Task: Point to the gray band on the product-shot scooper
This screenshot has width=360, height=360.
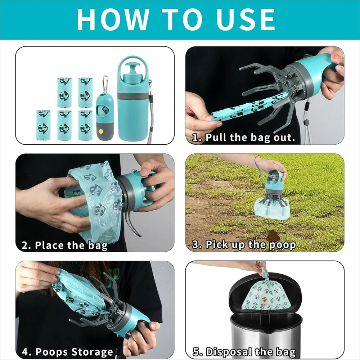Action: (133, 96)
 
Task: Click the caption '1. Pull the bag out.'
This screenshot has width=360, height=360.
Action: (243, 138)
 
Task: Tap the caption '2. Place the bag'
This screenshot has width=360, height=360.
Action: (65, 246)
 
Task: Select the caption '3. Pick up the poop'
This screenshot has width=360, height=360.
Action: (244, 245)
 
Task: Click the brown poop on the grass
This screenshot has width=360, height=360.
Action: (273, 236)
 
